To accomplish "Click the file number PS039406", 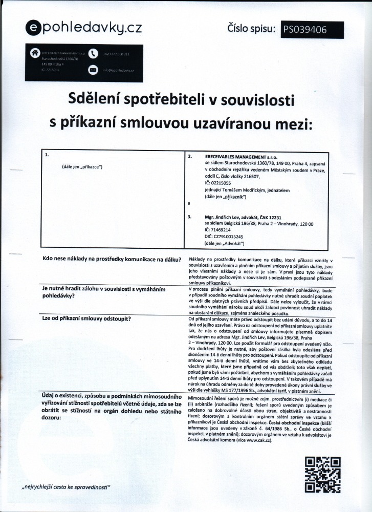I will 304,30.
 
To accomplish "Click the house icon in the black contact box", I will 34,52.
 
